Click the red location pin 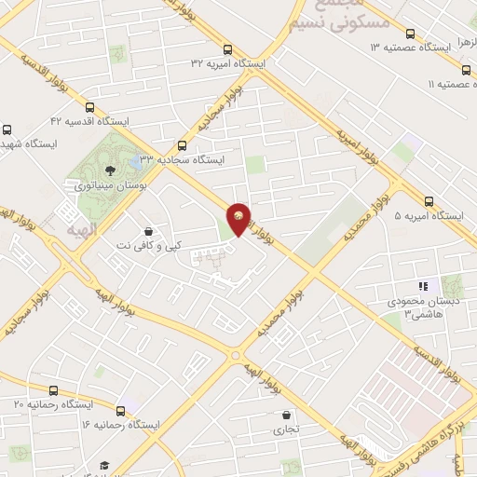point(239,218)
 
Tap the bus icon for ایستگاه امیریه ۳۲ point(228,49)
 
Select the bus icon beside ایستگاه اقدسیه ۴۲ point(89,107)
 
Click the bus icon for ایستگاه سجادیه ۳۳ point(181,145)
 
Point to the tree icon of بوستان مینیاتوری point(111,170)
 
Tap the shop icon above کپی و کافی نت point(148,230)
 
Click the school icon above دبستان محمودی point(422,287)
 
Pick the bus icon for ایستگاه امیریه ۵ point(429,201)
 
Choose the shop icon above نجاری point(286,416)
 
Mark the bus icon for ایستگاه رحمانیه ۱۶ point(120,411)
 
